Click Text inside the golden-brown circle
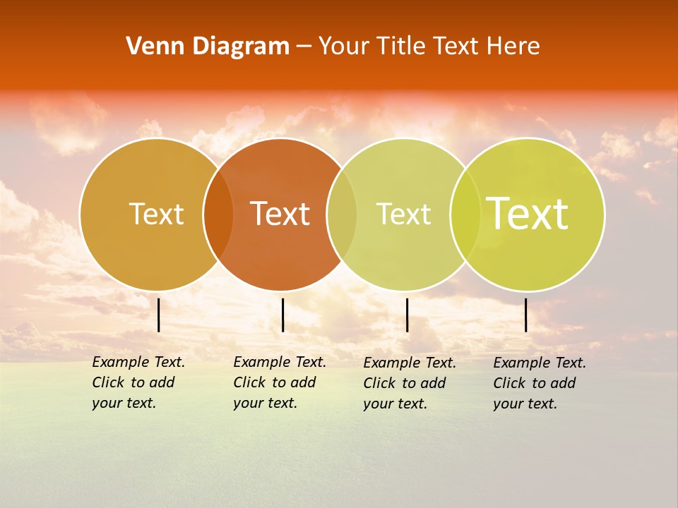(x=156, y=214)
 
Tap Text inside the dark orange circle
(x=280, y=214)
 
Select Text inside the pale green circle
(x=403, y=214)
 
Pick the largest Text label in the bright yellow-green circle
(x=528, y=214)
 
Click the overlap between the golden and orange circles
(x=218, y=214)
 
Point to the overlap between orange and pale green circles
(x=342, y=214)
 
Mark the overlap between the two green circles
(x=465, y=214)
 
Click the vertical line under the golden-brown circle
(x=159, y=315)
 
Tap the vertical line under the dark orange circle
(x=282, y=315)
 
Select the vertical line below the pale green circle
(x=408, y=315)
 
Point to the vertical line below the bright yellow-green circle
(x=526, y=315)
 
